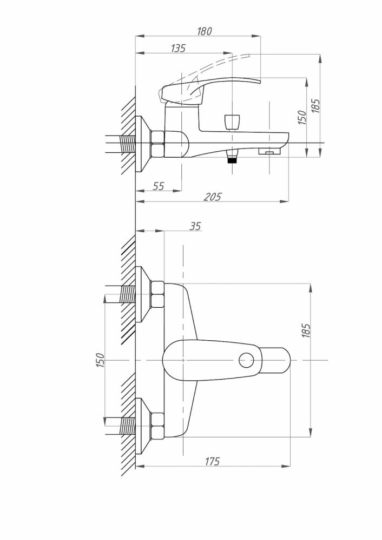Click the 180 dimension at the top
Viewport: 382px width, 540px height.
point(205,31)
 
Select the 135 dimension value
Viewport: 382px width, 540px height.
point(178,48)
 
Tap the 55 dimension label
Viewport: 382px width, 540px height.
point(158,186)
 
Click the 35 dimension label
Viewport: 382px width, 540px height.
point(195,226)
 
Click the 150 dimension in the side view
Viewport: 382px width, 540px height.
point(302,117)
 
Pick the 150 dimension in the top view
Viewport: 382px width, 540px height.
point(100,360)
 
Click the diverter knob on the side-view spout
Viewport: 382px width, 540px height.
point(231,121)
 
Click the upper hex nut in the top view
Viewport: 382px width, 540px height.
point(157,294)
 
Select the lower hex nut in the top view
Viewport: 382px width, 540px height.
point(157,426)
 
